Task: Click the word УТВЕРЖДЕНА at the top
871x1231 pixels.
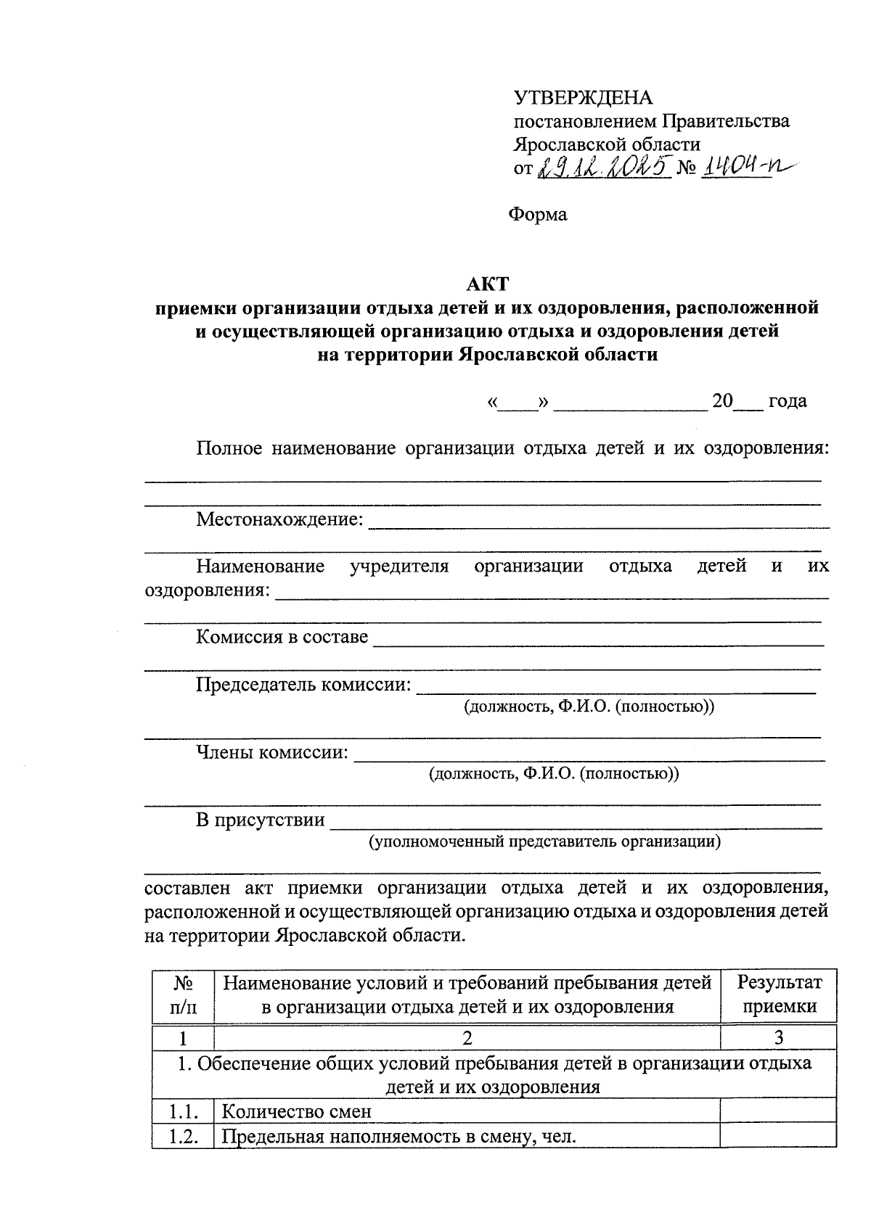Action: [x=584, y=98]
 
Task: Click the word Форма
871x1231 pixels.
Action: [x=537, y=215]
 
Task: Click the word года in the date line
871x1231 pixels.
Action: [x=787, y=401]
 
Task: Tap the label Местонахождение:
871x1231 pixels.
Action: [x=279, y=519]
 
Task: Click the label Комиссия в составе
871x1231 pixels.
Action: [x=282, y=637]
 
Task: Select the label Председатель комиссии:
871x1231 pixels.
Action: [x=303, y=684]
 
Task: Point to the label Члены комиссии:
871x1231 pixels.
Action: [x=272, y=752]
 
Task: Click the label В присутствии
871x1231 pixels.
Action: [x=260, y=820]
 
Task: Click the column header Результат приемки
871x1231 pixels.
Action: [x=779, y=995]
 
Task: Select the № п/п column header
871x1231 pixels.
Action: [x=184, y=995]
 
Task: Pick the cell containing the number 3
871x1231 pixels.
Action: [x=779, y=1038]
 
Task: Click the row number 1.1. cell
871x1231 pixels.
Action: [x=184, y=1111]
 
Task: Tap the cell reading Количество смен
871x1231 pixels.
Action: [x=296, y=1111]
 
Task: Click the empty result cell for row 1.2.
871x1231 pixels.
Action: [x=779, y=1136]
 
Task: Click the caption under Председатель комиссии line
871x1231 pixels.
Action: [x=589, y=707]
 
